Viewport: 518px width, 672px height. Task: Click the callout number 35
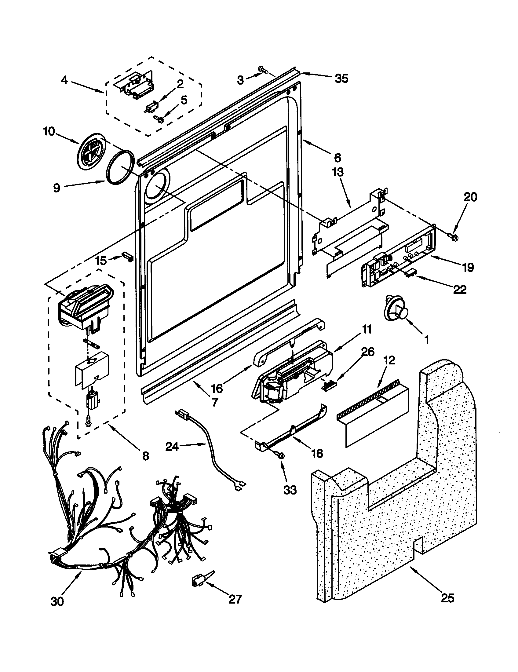click(341, 79)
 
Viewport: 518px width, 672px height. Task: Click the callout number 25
click(447, 598)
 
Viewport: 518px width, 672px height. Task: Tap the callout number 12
click(389, 360)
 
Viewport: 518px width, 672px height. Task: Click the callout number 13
click(337, 173)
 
